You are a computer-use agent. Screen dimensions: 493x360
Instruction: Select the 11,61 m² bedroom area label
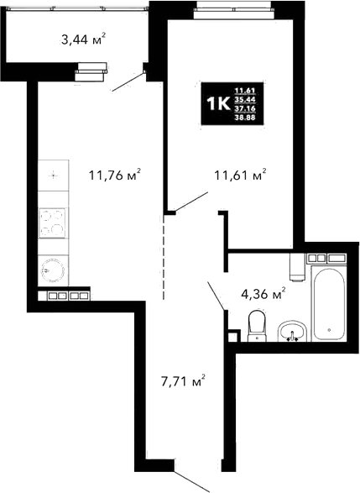coord(240,176)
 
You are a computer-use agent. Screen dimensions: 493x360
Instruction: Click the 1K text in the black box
coord(218,103)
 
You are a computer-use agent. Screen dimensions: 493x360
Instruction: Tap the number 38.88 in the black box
coord(246,118)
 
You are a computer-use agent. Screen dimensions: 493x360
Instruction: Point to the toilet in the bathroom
coord(258,326)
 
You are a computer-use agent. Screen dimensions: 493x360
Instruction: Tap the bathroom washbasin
coord(292,331)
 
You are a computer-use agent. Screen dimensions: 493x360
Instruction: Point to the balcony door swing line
coord(128,80)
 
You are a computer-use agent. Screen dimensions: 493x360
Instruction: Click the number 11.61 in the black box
coord(246,90)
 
